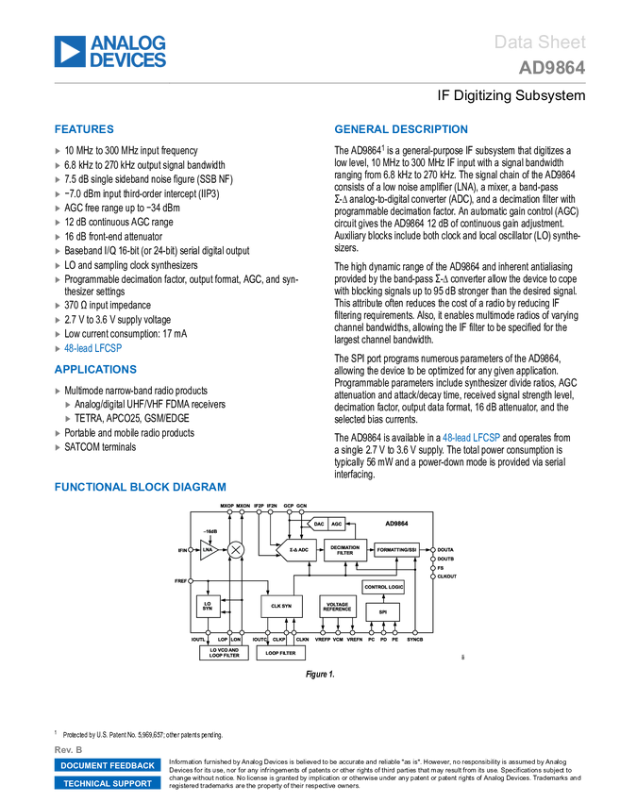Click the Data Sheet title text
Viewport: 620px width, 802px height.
[x=541, y=42]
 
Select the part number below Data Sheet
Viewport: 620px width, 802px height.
[x=552, y=68]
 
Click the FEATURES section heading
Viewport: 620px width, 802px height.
[x=85, y=130]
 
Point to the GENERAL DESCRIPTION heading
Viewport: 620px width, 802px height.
[x=400, y=130]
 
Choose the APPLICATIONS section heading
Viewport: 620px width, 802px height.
[x=95, y=369]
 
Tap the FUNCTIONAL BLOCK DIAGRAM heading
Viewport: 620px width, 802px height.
[x=140, y=487]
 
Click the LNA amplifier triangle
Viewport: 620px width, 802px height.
[x=208, y=550]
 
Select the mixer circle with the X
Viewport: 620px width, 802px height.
[x=236, y=550]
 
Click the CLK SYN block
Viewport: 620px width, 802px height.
[x=281, y=606]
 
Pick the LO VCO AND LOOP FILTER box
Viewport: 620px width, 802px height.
[x=224, y=653]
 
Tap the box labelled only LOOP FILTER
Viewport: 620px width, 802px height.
[x=281, y=653]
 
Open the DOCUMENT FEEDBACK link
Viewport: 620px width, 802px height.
[x=108, y=765]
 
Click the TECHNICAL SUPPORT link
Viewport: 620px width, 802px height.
[x=108, y=783]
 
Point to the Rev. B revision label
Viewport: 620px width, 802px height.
[x=69, y=749]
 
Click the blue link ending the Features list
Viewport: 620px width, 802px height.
[x=93, y=347]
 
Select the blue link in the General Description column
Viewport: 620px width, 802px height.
[x=472, y=437]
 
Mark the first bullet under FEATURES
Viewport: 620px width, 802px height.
[x=58, y=151]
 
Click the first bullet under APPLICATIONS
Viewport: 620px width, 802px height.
[x=58, y=391]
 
